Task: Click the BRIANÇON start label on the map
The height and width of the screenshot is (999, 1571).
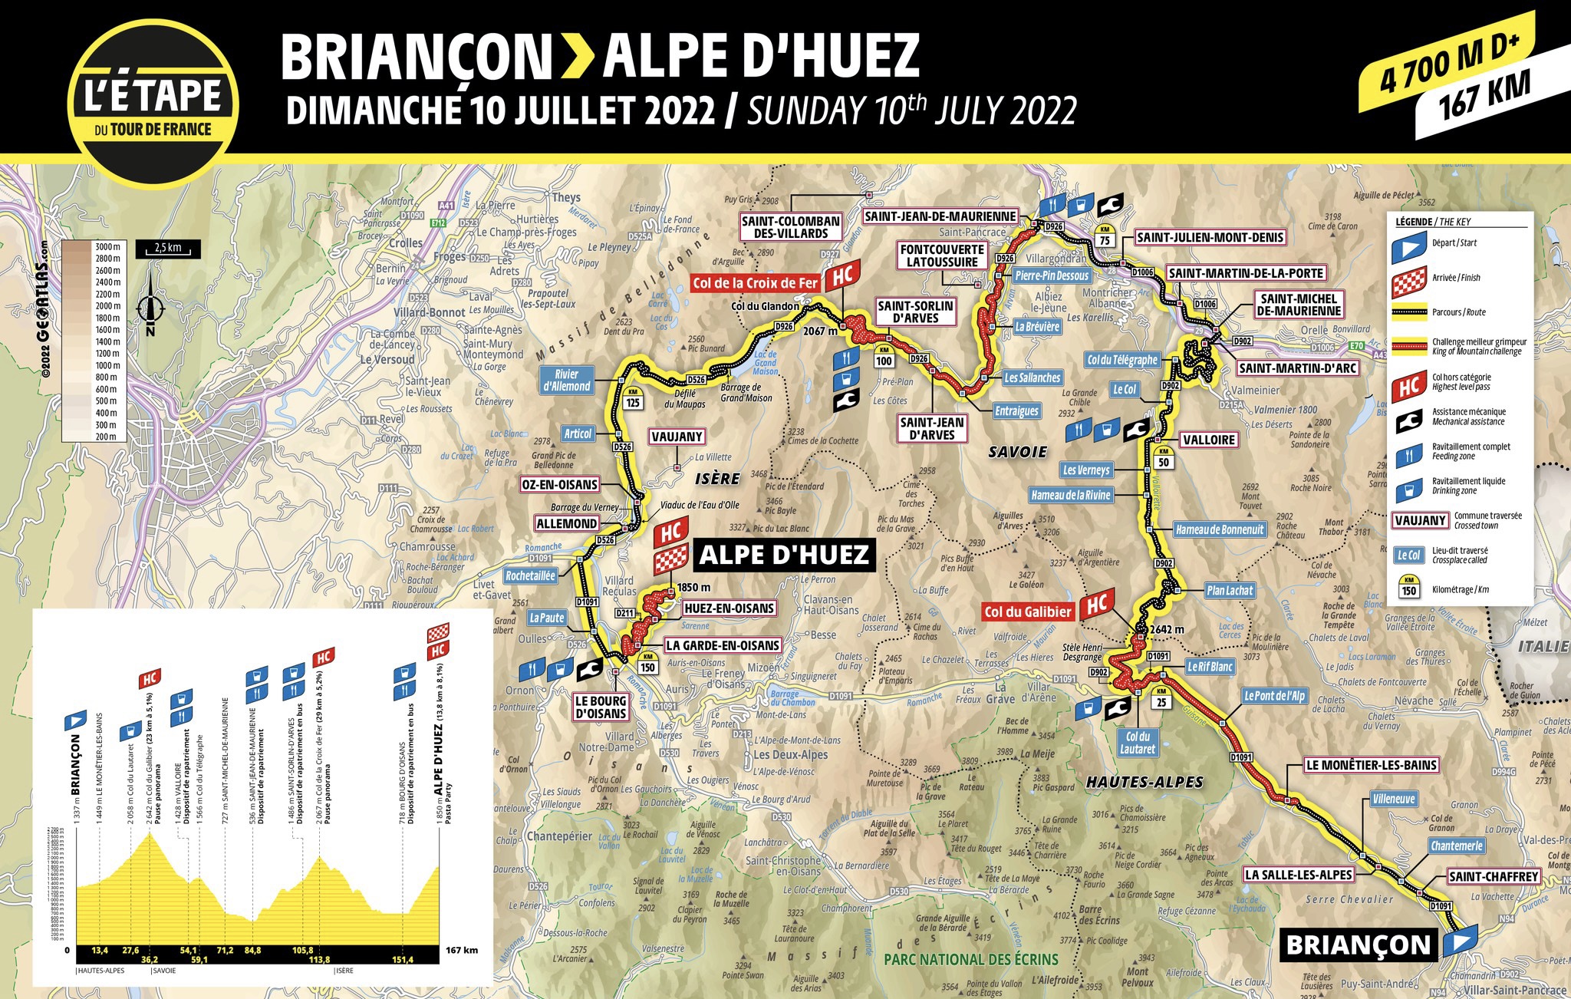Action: tap(1358, 945)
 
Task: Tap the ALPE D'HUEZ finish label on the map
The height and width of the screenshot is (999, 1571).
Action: tap(783, 555)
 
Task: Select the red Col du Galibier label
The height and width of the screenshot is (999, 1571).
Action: tap(1028, 612)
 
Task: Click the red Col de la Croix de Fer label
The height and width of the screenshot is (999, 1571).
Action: tap(755, 283)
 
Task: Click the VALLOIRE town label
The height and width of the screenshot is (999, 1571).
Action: tap(1209, 440)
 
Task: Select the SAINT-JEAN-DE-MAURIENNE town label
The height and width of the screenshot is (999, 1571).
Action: tap(940, 216)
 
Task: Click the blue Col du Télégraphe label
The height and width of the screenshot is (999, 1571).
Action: tap(1122, 360)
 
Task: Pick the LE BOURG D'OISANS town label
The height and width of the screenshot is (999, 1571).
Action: tap(601, 707)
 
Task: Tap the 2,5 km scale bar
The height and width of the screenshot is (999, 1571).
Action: tap(168, 249)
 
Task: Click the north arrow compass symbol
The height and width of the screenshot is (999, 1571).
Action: tap(150, 308)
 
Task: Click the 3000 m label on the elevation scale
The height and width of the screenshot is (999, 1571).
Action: tap(107, 247)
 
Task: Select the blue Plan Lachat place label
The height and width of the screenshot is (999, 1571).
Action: tap(1229, 590)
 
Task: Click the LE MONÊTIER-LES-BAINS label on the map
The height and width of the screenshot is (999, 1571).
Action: tap(1371, 765)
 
